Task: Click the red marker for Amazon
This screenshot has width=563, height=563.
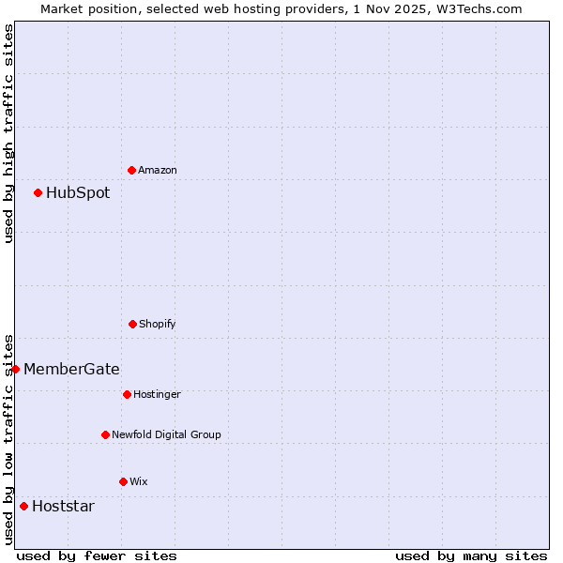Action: (131, 170)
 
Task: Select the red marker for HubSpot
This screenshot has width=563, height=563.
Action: (38, 192)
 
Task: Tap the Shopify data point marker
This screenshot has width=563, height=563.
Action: (132, 324)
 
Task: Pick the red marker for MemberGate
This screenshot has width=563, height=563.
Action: (15, 369)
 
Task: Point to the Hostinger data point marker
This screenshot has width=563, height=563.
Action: (127, 394)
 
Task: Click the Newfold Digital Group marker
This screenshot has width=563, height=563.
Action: (105, 434)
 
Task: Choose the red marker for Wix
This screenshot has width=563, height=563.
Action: (123, 481)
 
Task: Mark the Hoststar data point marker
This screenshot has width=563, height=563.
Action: (23, 506)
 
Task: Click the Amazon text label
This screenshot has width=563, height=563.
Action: (158, 170)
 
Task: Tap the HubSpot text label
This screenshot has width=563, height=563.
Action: (78, 192)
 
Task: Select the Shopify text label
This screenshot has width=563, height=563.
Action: (158, 324)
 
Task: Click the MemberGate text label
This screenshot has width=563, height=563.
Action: (71, 369)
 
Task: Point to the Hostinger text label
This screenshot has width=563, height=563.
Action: (157, 394)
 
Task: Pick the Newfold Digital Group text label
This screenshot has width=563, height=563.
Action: (166, 434)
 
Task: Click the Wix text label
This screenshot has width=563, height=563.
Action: (139, 481)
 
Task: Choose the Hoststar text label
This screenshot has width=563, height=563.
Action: (63, 506)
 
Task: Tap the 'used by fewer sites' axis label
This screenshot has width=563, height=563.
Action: (97, 555)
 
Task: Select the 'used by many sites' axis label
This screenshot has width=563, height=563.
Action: (471, 555)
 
